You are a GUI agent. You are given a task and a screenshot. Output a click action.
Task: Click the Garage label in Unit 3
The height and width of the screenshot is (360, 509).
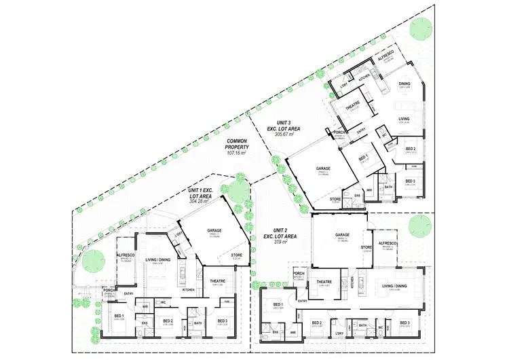pyautogui.click(x=322, y=168)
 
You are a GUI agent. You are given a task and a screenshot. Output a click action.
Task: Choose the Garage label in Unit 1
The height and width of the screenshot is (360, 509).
pyautogui.click(x=214, y=230)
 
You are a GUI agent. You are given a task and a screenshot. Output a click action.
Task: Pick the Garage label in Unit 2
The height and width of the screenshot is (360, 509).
pyautogui.click(x=341, y=235)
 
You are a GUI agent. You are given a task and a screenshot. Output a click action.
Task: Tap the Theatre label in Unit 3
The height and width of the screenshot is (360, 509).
pyautogui.click(x=352, y=106)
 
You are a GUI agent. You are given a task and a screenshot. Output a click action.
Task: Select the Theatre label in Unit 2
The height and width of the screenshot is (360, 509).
pyautogui.click(x=324, y=281)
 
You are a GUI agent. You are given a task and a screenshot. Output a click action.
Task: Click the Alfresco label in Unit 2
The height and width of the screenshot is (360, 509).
pyautogui.click(x=388, y=243)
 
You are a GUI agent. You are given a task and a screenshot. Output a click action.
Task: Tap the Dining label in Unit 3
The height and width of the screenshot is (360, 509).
pyautogui.click(x=404, y=85)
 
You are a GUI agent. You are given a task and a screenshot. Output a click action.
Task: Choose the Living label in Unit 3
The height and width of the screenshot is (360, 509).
pyautogui.click(x=404, y=118)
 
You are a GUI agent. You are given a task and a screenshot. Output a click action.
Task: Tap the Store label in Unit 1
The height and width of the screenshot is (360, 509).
pyautogui.click(x=238, y=255)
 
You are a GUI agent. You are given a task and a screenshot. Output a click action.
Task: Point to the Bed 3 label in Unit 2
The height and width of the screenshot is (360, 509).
pyautogui.click(x=405, y=323)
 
